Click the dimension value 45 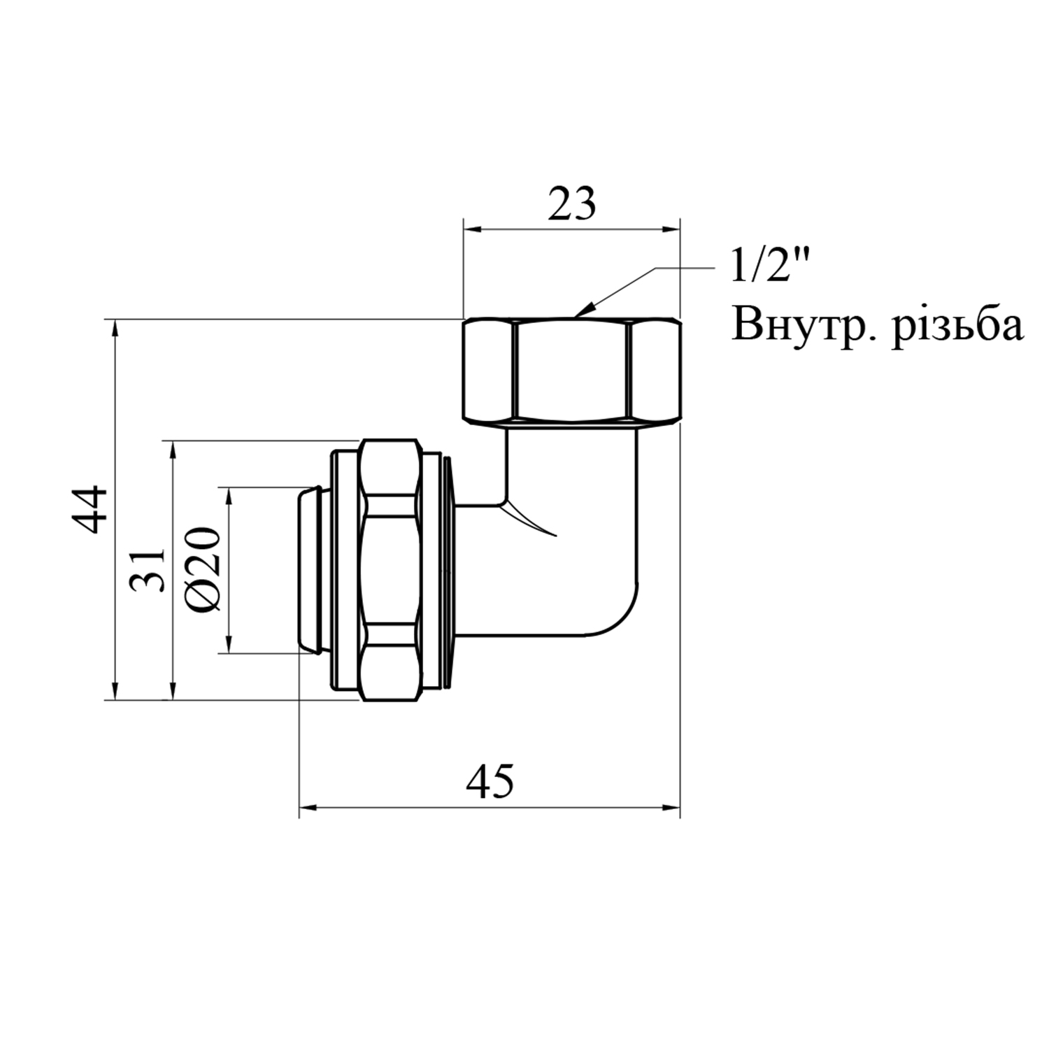(490, 781)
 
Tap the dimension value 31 (148, 570)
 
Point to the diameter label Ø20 (204, 570)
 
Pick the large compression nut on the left (391, 570)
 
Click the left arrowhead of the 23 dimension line (473, 229)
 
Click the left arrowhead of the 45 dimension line (310, 808)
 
